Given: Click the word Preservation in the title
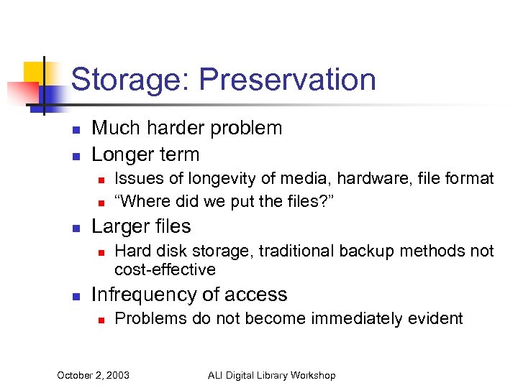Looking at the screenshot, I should (x=288, y=80).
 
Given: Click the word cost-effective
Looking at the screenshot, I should (x=165, y=269).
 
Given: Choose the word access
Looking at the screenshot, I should (x=258, y=295).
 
